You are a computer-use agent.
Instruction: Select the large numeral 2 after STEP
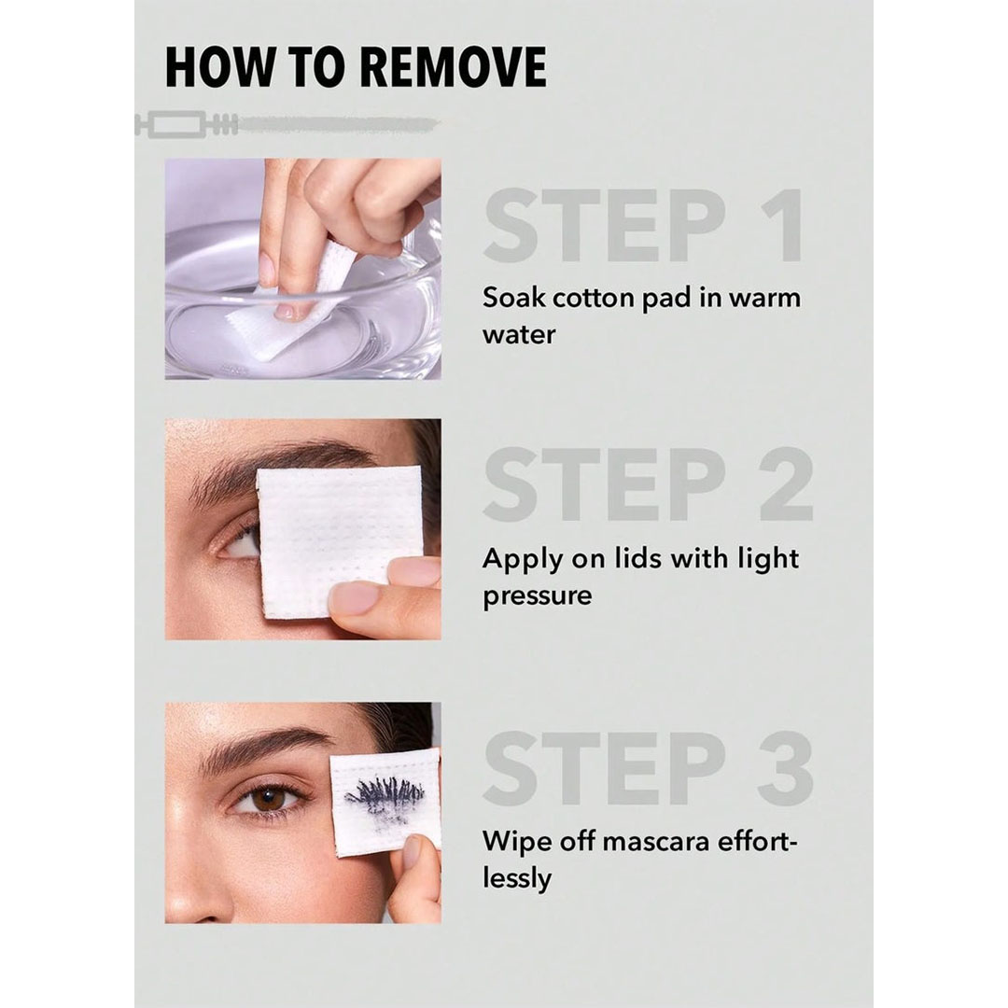[787, 484]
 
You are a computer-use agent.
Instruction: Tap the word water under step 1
[519, 335]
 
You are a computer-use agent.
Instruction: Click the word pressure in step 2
[538, 596]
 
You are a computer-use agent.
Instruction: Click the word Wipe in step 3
[515, 841]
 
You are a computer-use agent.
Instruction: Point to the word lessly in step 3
[517, 879]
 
